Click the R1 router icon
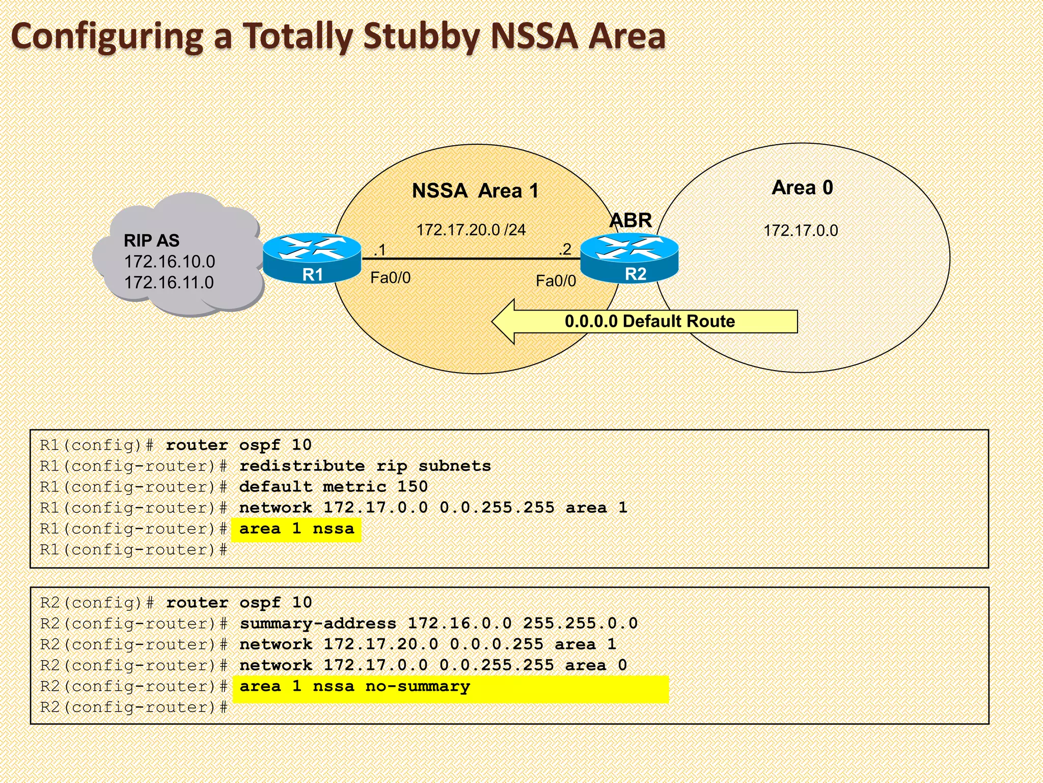point(312,257)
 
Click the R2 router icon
point(629,257)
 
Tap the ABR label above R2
point(630,220)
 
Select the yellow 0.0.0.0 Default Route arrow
point(645,321)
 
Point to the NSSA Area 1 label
point(475,191)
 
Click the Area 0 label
point(802,188)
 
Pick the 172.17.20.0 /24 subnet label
point(471,230)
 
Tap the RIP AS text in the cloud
point(152,241)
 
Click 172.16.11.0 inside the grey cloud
point(169,282)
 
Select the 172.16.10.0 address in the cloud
point(170,262)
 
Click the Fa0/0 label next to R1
point(390,278)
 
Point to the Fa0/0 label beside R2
point(556,281)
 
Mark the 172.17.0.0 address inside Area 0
point(801,230)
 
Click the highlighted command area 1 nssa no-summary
point(355,687)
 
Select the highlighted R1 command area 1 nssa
point(297,529)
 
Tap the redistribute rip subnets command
point(365,466)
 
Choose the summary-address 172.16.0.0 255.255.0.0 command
point(438,623)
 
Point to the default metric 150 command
point(333,487)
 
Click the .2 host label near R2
point(565,249)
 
